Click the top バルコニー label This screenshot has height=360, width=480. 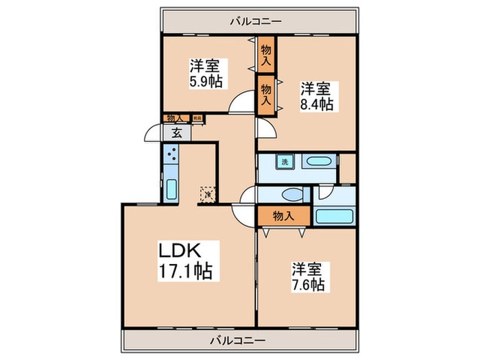pos(259,21)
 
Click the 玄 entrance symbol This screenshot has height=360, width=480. pos(176,132)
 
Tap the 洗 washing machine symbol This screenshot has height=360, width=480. pos(283,163)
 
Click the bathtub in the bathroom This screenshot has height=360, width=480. pos(335,217)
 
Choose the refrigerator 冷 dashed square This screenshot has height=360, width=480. pos(206,195)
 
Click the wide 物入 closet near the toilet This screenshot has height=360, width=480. pos(283,215)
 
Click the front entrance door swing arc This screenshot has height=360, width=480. pos(154,134)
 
